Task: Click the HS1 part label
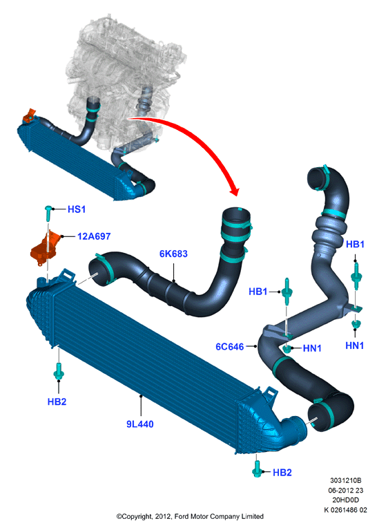77,209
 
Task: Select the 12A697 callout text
94,236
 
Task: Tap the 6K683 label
173,254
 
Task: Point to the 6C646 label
230,346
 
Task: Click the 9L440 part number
140,424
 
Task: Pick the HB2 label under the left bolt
57,401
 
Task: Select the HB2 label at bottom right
282,472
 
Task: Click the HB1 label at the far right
355,244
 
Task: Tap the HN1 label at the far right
355,346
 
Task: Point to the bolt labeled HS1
48,213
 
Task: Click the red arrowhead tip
236,196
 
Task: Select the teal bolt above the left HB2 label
59,371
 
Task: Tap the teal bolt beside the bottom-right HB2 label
257,469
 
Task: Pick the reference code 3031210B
345,480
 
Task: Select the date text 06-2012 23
345,490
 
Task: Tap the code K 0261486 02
345,510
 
